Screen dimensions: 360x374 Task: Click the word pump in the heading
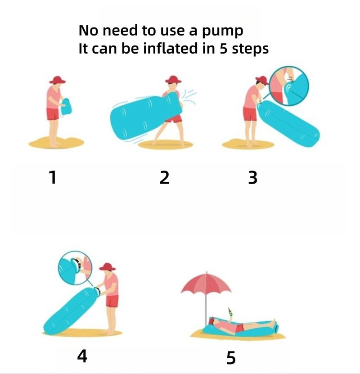click(x=223, y=32)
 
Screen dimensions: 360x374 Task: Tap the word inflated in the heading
click(x=170, y=48)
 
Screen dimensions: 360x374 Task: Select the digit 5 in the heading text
click(x=223, y=48)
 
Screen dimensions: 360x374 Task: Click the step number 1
click(x=53, y=177)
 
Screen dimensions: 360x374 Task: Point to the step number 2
click(x=165, y=177)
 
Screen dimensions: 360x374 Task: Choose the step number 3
click(x=253, y=177)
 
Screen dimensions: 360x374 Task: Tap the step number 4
click(x=82, y=356)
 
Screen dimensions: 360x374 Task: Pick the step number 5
click(x=231, y=358)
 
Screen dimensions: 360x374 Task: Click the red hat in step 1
click(x=57, y=80)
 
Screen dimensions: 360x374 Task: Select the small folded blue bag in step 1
click(x=66, y=107)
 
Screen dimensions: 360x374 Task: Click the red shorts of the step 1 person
click(x=53, y=114)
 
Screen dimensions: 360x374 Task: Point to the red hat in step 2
click(x=173, y=79)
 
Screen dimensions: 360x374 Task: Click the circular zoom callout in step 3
click(x=288, y=86)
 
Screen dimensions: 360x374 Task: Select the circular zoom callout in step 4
click(x=75, y=268)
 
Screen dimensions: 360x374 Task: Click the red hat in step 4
click(x=107, y=267)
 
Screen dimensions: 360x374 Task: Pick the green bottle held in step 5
click(x=230, y=311)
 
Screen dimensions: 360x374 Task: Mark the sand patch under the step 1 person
click(x=56, y=143)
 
